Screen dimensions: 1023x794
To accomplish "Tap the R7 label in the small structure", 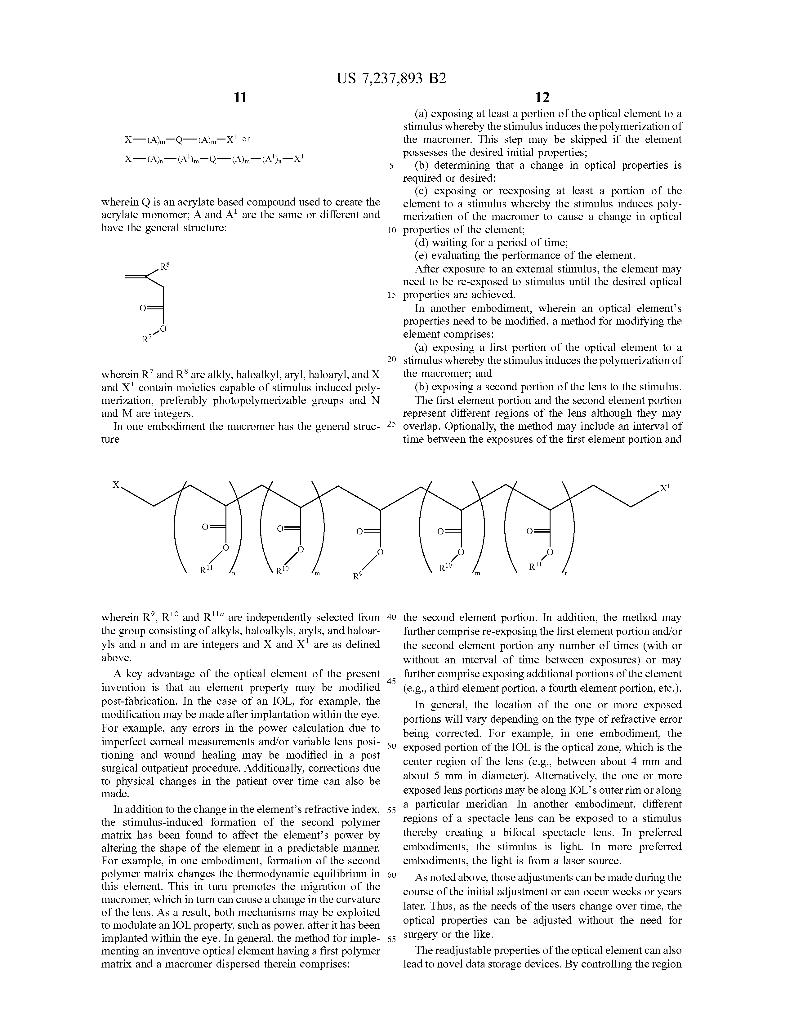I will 146,339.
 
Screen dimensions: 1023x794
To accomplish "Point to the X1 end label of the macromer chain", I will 665,488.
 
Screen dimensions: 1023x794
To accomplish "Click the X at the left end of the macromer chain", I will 115,485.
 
